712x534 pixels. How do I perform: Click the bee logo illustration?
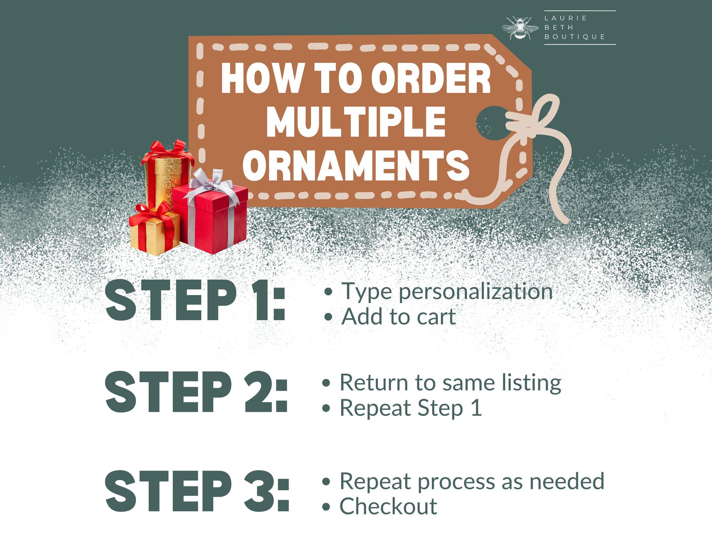[x=520, y=28]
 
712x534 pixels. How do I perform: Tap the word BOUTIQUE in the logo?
[x=575, y=37]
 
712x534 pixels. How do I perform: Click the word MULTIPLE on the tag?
[x=356, y=122]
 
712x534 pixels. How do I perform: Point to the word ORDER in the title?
[x=431, y=78]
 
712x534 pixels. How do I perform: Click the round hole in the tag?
[x=493, y=123]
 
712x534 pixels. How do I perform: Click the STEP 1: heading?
[x=195, y=300]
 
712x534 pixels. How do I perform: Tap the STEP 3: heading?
[x=197, y=491]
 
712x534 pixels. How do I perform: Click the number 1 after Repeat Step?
[x=476, y=407]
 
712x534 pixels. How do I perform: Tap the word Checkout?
[x=388, y=506]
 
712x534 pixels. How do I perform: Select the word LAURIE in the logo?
[x=566, y=18]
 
